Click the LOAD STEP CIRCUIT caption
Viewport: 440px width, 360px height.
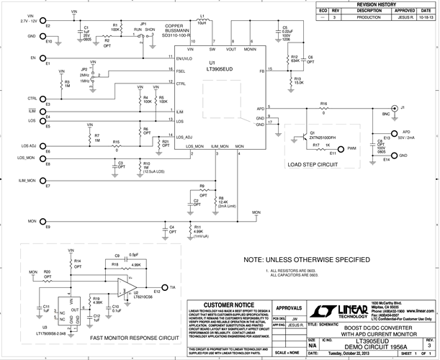312,164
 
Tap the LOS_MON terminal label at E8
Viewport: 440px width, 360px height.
26,157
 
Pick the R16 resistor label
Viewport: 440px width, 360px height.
323,103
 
